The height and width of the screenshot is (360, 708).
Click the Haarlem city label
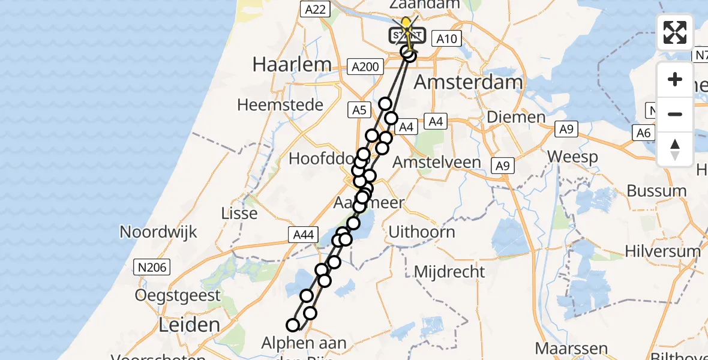(x=292, y=64)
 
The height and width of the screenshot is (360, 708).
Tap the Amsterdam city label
(x=469, y=82)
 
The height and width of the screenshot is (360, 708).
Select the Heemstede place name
(x=280, y=105)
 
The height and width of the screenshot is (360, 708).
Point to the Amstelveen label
(x=436, y=163)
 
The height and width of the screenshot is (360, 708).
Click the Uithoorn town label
(x=422, y=232)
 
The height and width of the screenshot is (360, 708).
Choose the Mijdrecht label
(x=449, y=272)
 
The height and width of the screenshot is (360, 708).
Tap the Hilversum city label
(x=662, y=251)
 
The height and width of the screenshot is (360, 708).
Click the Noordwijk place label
(x=158, y=232)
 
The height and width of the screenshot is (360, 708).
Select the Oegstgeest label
(x=178, y=295)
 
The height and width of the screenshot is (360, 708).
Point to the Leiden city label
(x=189, y=325)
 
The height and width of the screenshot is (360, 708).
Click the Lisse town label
(x=239, y=214)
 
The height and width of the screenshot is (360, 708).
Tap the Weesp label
(x=572, y=158)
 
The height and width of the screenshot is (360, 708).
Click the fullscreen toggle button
(x=675, y=32)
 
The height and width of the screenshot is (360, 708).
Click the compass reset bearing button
(x=675, y=149)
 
